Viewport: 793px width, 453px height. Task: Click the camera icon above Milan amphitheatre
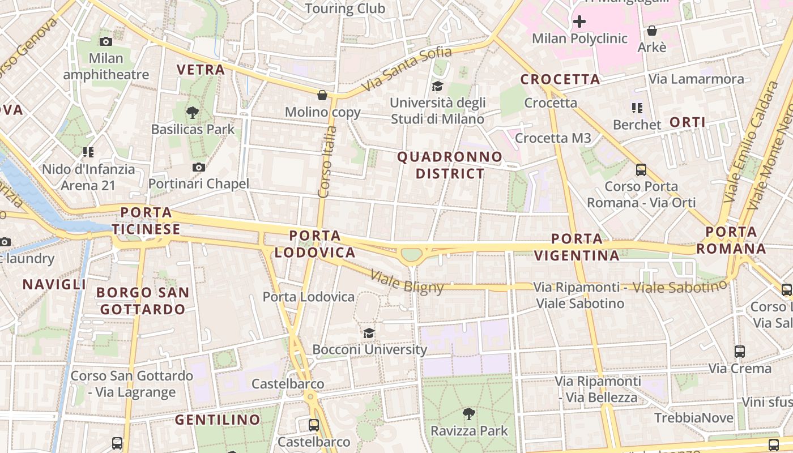pos(105,41)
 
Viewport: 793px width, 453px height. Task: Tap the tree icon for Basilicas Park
pos(193,112)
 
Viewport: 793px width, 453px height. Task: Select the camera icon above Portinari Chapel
pos(198,167)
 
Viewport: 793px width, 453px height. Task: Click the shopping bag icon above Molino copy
pos(322,95)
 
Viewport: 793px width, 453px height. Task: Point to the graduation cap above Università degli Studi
pos(437,86)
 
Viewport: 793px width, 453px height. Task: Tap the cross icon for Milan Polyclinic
pos(579,22)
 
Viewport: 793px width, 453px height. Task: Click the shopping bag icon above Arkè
pos(652,31)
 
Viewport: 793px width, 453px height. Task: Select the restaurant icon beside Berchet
pos(637,108)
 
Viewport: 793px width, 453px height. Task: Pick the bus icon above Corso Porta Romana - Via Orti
pos(641,169)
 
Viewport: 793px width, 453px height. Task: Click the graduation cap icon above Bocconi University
pos(369,332)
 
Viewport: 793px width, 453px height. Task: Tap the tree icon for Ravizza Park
pos(469,414)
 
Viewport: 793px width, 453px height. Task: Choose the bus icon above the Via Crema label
pos(740,351)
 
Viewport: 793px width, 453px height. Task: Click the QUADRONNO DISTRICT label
pos(450,165)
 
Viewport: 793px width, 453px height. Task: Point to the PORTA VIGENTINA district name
pos(577,247)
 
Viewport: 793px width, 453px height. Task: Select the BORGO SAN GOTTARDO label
pos(142,301)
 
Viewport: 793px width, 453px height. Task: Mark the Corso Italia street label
pos(327,162)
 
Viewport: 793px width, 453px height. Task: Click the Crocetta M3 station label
pos(553,138)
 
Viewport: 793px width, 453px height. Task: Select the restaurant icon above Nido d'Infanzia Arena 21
pos(88,152)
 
